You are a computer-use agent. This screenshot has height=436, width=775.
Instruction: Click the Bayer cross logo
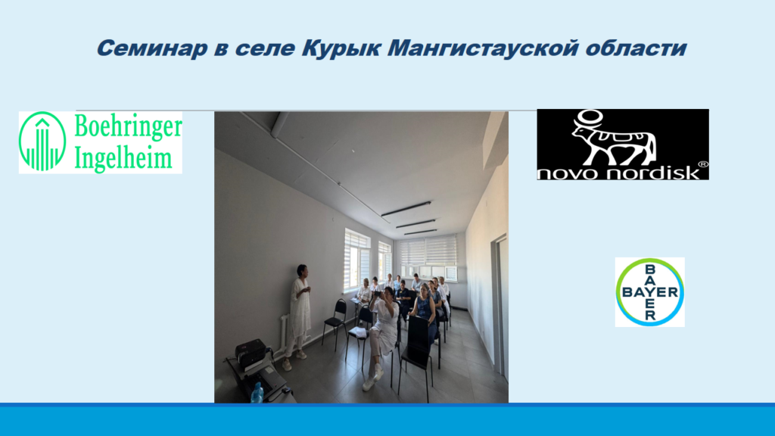coord(650,292)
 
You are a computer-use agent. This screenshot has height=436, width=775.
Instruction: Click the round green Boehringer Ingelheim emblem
coord(42,142)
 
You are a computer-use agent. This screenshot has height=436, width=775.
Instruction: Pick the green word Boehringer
coord(128,126)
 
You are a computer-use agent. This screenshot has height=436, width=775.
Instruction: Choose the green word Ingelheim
coord(123,158)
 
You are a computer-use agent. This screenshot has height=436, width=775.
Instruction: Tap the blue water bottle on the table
coord(256,393)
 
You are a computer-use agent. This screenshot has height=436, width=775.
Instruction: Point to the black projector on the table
coord(252,353)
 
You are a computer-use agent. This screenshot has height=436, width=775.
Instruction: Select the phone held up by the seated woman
coord(378,294)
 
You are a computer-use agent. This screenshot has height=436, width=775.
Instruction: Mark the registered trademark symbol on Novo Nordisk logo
coord(702,164)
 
